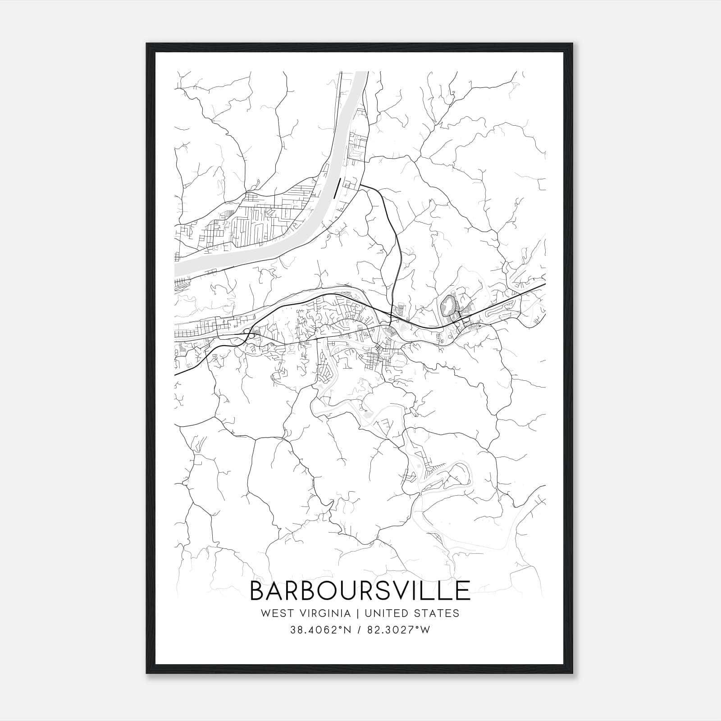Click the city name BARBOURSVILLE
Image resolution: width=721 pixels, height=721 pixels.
[x=360, y=591]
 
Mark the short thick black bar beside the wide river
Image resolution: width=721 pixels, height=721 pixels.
[x=336, y=188]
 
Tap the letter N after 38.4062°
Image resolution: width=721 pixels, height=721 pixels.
[x=347, y=630]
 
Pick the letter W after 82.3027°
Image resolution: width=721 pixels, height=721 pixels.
[x=425, y=630]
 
